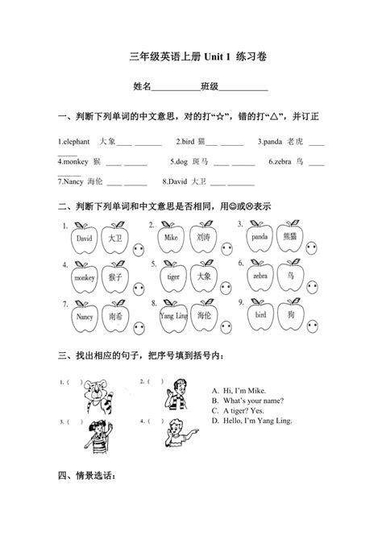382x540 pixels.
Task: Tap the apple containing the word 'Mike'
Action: tap(171, 239)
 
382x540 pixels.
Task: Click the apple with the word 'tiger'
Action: tap(172, 277)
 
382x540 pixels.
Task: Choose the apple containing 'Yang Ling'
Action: tap(172, 316)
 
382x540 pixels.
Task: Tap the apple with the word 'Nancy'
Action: tap(84, 317)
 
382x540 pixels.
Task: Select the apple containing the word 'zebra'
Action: tap(260, 277)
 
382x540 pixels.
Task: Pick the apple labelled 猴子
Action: tap(115, 278)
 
